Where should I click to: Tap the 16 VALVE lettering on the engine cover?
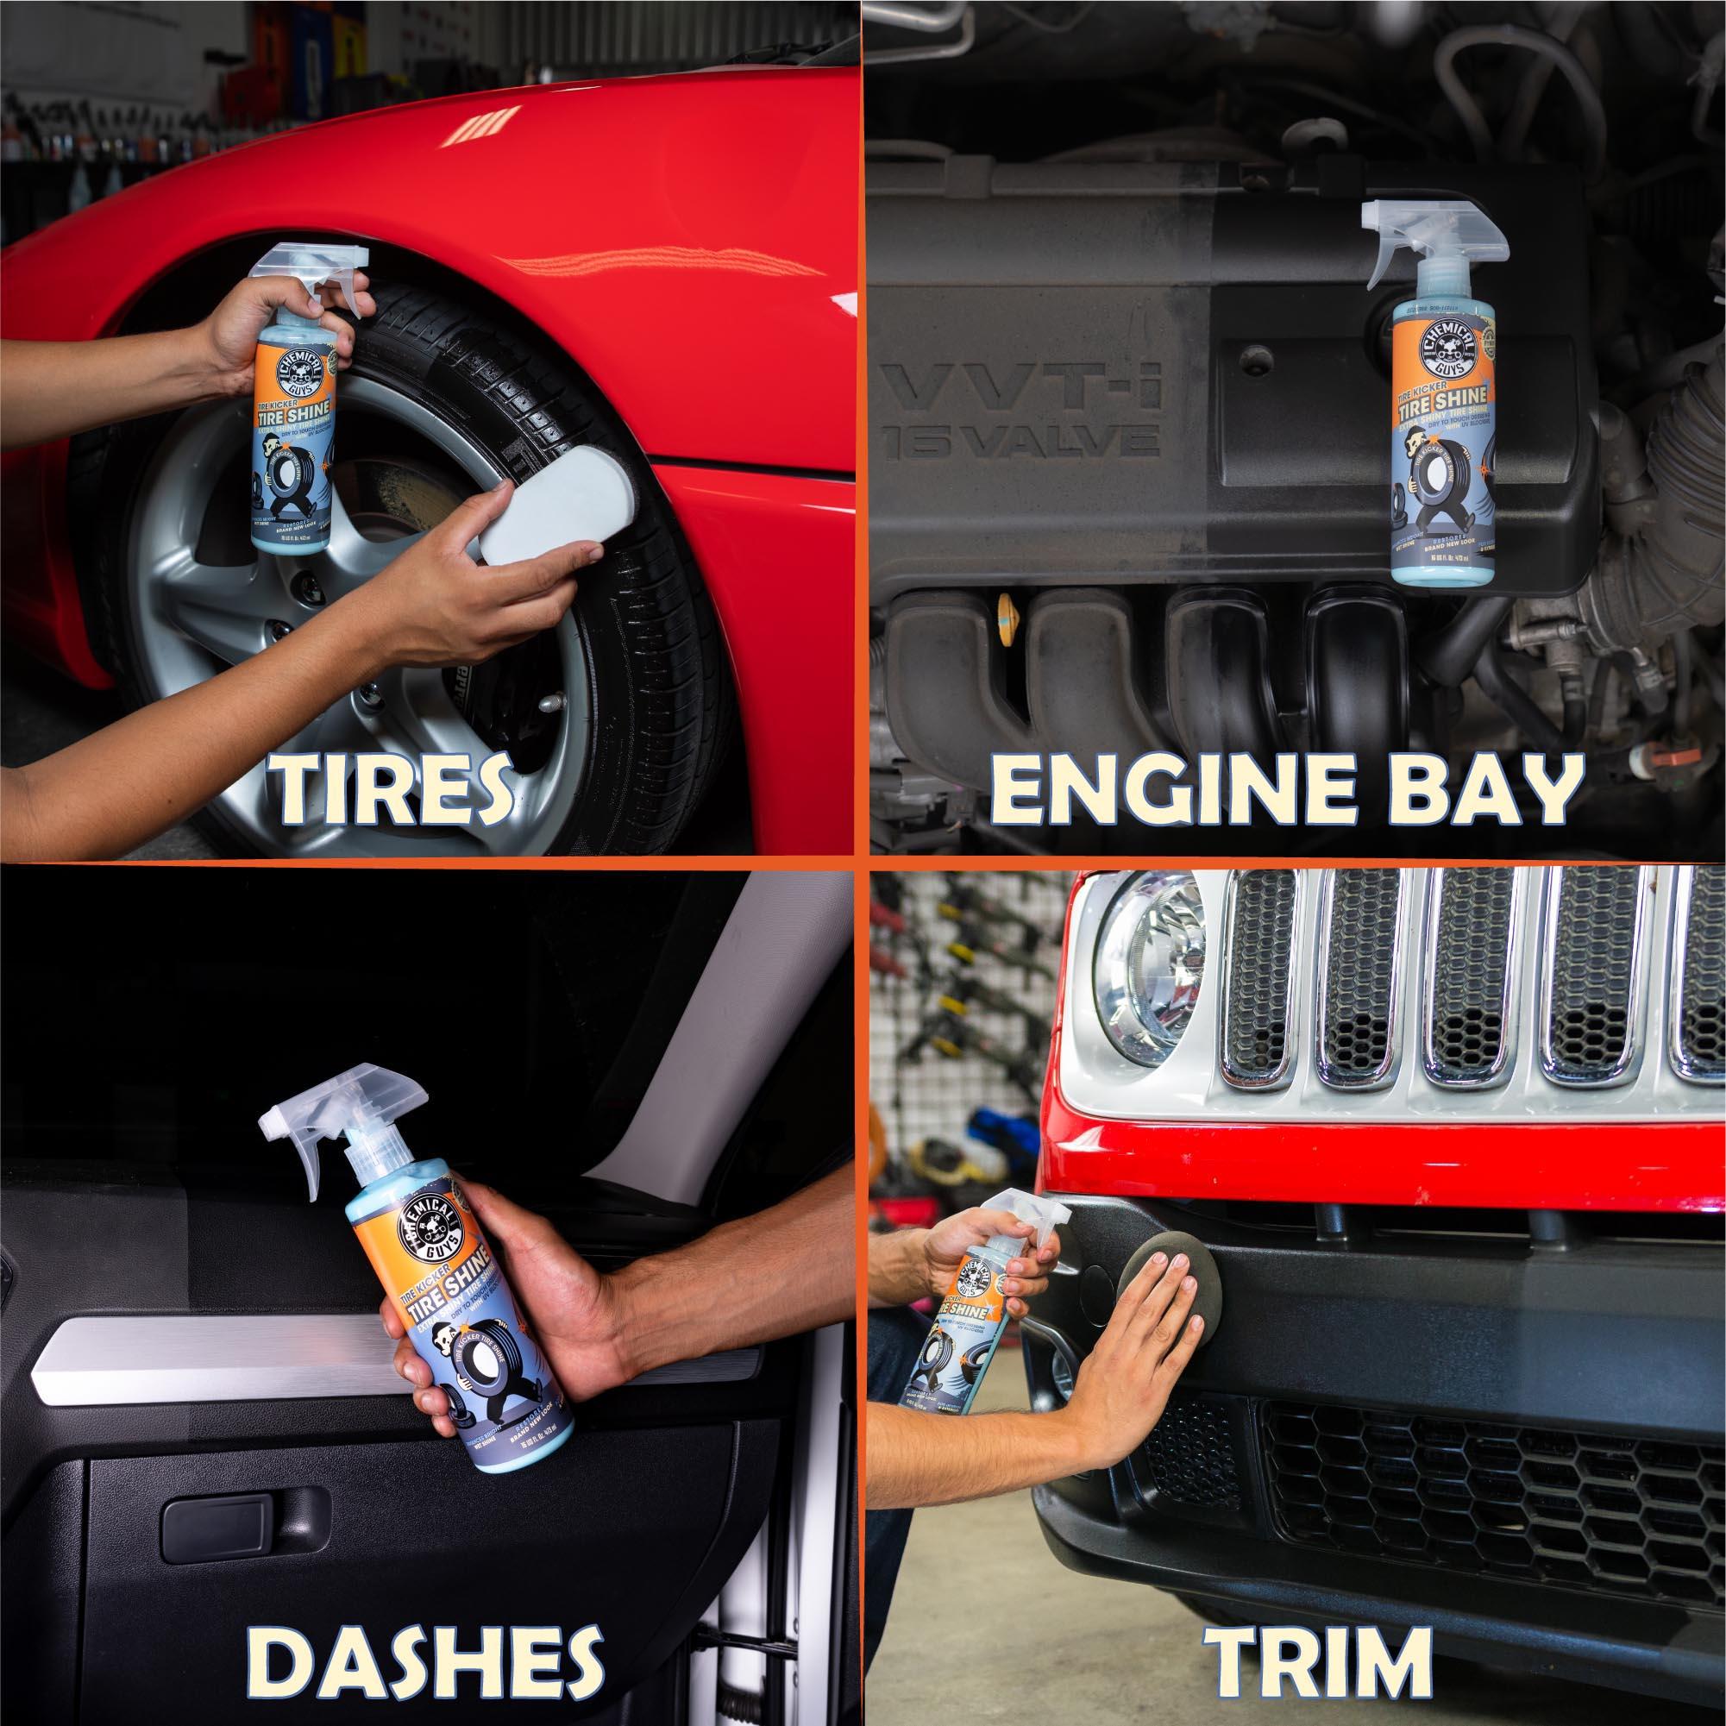pyautogui.click(x=1028, y=443)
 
